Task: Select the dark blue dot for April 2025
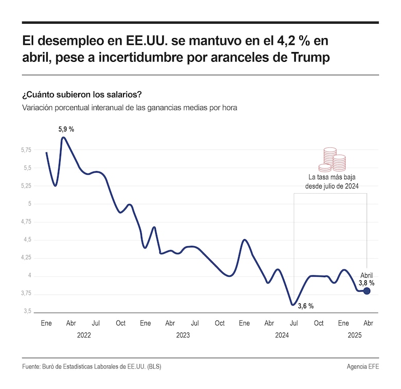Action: click(367, 291)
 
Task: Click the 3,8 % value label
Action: click(366, 283)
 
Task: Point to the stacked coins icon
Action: click(332, 160)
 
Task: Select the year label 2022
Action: click(84, 335)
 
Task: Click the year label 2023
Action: click(183, 335)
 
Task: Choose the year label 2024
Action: click(281, 335)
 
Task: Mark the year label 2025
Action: click(355, 335)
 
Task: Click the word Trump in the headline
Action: click(309, 58)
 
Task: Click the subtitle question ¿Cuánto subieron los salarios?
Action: click(82, 95)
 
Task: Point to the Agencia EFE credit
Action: click(363, 367)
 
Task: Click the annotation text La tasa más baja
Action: click(332, 177)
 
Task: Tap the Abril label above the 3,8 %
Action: click(366, 275)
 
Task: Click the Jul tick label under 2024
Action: click(294, 323)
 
